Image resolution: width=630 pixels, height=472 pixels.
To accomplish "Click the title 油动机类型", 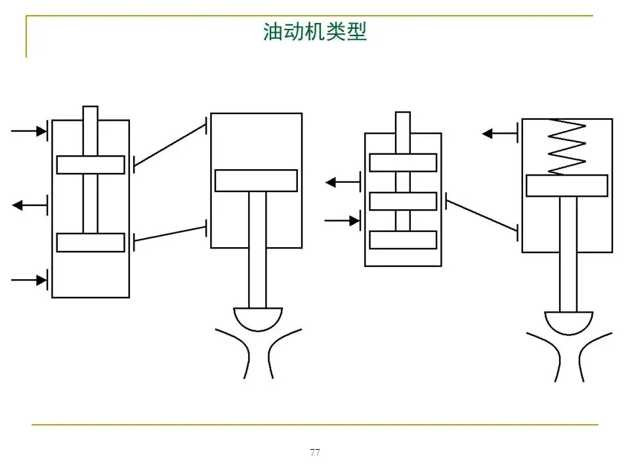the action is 314,31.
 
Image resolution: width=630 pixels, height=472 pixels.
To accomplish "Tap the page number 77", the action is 315,452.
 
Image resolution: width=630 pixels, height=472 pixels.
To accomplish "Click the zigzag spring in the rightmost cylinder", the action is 567,147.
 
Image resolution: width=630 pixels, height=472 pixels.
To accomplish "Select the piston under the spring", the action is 567,186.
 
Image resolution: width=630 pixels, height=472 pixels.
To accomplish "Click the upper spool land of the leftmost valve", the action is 91,165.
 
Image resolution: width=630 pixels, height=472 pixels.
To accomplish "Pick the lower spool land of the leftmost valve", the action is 91,243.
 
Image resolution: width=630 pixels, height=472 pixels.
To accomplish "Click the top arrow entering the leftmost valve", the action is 29,131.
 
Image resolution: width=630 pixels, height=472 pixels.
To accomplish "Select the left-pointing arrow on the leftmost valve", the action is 30,205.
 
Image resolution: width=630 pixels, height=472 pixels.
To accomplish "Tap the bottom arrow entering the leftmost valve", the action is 29,280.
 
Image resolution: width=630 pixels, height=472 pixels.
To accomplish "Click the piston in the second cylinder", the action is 257,181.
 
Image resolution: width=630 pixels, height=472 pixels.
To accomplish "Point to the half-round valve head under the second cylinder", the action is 258,319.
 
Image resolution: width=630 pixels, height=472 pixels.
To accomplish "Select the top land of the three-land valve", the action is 403,163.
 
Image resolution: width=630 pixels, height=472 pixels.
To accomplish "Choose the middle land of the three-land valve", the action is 403,201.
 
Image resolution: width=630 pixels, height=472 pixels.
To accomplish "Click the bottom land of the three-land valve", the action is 403,240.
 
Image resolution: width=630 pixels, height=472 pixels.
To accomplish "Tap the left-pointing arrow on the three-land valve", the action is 343,183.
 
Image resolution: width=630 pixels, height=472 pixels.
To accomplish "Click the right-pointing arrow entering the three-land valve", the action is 343,221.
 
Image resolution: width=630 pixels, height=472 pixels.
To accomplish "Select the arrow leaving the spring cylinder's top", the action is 500,133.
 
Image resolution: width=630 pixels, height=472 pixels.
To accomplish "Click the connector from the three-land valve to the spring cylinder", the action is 482,216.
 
